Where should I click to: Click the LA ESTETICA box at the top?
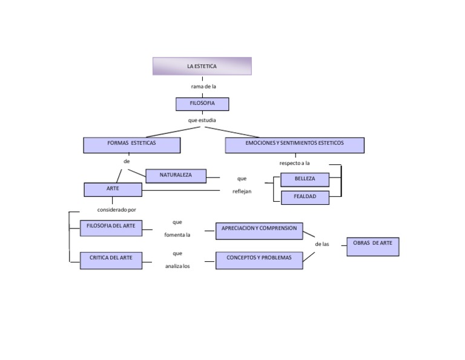(x=202, y=66)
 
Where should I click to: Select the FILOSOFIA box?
(x=202, y=104)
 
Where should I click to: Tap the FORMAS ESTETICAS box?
(x=131, y=145)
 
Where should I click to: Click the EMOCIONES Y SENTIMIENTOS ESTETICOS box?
(x=294, y=145)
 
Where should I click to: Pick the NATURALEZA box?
(x=176, y=176)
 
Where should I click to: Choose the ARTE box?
(x=113, y=190)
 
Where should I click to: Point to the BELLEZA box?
(x=305, y=179)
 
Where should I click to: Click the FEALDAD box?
(x=305, y=198)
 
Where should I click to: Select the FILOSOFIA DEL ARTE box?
(x=111, y=228)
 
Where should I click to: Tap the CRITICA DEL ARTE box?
(x=111, y=260)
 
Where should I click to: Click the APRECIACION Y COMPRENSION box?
(x=259, y=230)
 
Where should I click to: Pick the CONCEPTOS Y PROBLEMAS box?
(x=259, y=260)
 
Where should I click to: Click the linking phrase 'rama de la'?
(x=203, y=87)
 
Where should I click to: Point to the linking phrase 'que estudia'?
(x=202, y=121)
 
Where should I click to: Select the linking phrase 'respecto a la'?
(x=294, y=164)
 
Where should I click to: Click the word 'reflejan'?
(x=242, y=192)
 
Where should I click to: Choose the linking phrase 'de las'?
(x=322, y=244)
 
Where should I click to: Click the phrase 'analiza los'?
(x=177, y=267)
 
